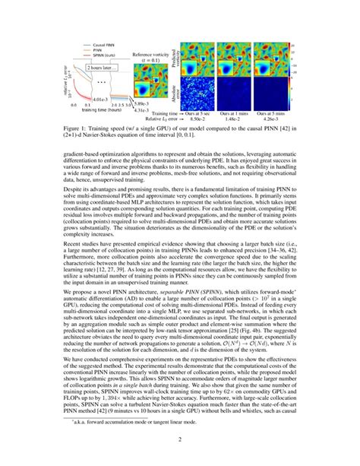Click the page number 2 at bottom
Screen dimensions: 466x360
[180, 439]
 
